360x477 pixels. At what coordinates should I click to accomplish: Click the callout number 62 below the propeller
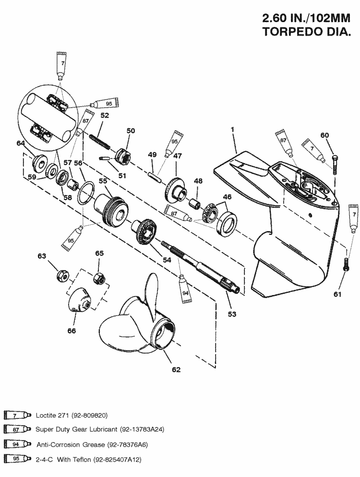click(x=176, y=369)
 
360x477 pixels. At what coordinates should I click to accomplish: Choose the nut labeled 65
click(x=99, y=277)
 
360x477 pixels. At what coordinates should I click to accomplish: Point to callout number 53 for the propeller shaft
click(x=232, y=314)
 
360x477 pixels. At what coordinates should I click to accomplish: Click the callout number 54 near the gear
click(x=167, y=259)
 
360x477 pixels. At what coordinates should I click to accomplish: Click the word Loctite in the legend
click(x=46, y=415)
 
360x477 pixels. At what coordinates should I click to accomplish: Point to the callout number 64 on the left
click(x=21, y=143)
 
